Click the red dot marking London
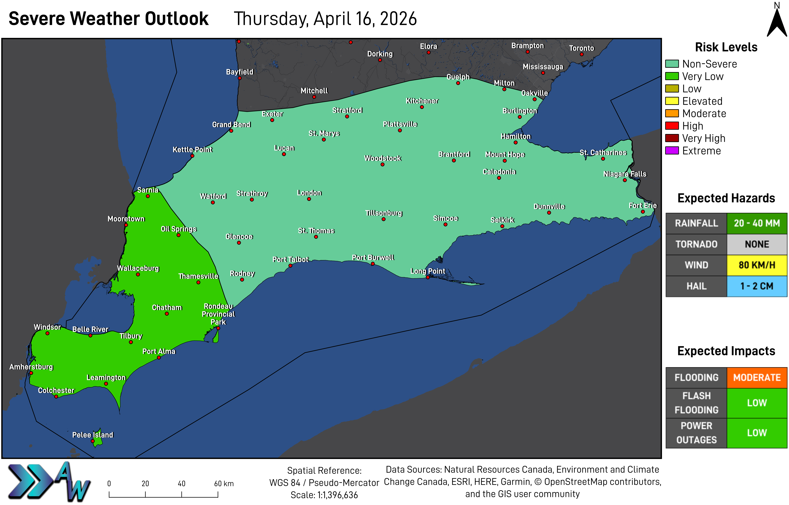[x=309, y=199]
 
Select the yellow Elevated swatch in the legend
[x=672, y=101]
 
